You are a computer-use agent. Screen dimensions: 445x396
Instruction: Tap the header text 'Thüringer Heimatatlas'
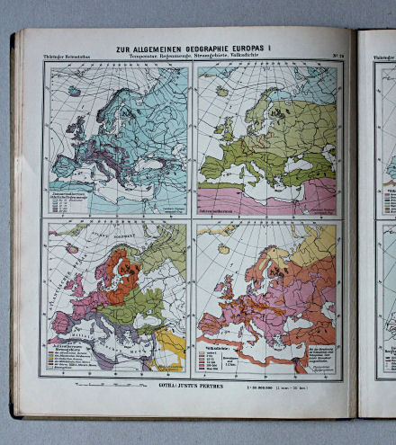pyautogui.click(x=68, y=58)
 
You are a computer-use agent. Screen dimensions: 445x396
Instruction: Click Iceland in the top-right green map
pyautogui.click(x=220, y=91)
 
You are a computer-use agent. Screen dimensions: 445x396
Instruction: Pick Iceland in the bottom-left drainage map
pyautogui.click(x=70, y=248)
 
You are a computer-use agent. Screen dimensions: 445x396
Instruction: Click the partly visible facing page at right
pyautogui.click(x=378, y=225)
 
